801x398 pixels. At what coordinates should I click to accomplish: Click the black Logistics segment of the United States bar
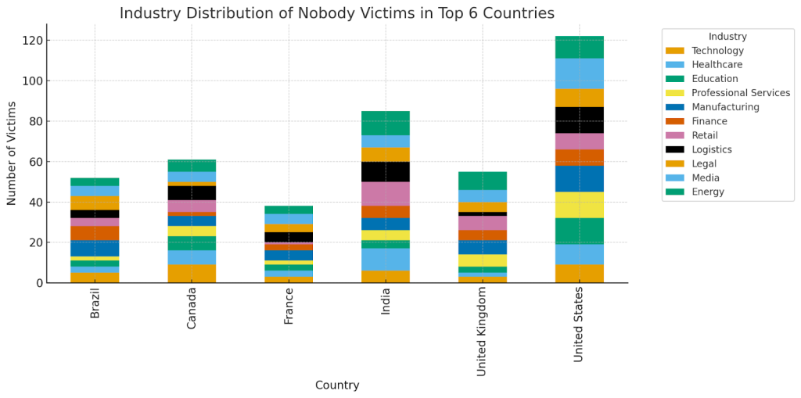point(579,120)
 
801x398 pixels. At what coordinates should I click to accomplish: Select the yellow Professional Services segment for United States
point(579,205)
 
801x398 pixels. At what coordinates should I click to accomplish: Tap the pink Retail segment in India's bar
point(386,193)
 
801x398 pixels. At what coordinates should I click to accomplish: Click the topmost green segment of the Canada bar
point(192,166)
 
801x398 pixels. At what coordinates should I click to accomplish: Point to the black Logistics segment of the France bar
point(289,237)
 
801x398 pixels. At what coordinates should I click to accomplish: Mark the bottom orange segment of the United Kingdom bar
point(482,279)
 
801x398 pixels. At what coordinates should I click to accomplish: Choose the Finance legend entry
point(710,121)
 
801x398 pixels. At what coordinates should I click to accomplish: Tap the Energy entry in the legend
point(709,192)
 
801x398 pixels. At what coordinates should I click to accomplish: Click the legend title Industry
point(727,37)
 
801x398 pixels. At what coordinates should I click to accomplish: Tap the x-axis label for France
point(289,310)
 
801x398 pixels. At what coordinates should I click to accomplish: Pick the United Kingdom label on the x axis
point(482,332)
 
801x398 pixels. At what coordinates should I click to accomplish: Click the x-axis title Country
point(337,385)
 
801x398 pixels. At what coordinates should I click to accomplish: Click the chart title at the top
point(337,13)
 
